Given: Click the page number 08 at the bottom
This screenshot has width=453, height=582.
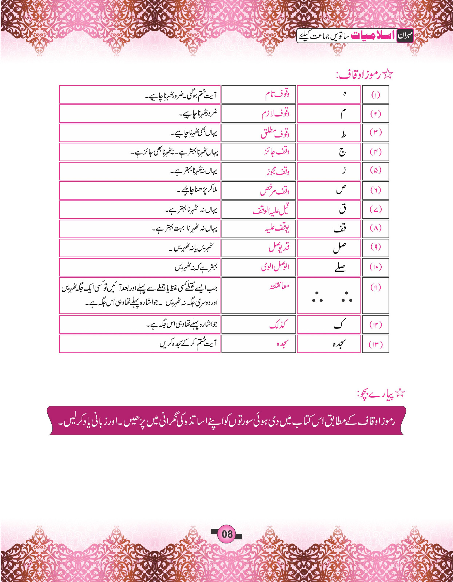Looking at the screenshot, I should pyautogui.click(x=227, y=534).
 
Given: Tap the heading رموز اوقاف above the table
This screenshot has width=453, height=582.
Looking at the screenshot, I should pyautogui.click(x=358, y=75).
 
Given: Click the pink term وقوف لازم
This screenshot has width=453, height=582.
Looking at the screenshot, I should pyautogui.click(x=275, y=114).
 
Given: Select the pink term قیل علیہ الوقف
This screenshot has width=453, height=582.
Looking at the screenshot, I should pyautogui.click(x=271, y=210).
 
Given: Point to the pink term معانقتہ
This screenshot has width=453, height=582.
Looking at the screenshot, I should pyautogui.click(x=279, y=286).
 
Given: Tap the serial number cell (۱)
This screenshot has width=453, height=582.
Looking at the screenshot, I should pyautogui.click(x=375, y=95).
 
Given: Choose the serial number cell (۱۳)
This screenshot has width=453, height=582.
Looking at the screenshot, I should pyautogui.click(x=375, y=344).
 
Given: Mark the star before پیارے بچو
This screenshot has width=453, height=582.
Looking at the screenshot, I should pyautogui.click(x=400, y=392).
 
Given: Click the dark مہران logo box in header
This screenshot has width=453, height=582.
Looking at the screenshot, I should pyautogui.click(x=405, y=36).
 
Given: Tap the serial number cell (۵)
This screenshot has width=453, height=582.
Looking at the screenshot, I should pyautogui.click(x=375, y=170).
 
